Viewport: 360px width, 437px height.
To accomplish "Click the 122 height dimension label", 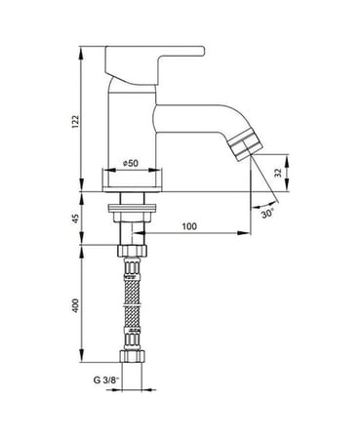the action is pos(75,121).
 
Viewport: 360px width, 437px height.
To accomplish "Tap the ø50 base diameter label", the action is pos(131,163).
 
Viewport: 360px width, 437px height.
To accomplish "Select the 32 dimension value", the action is pos(278,173).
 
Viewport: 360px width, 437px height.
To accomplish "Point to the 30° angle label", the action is pos(267,214).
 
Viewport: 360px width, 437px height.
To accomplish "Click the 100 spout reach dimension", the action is pos(189,226).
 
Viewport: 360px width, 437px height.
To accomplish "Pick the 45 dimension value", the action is pos(75,218).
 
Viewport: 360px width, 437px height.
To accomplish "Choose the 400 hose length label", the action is pos(75,305).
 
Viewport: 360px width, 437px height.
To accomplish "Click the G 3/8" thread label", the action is pos(106,379).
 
